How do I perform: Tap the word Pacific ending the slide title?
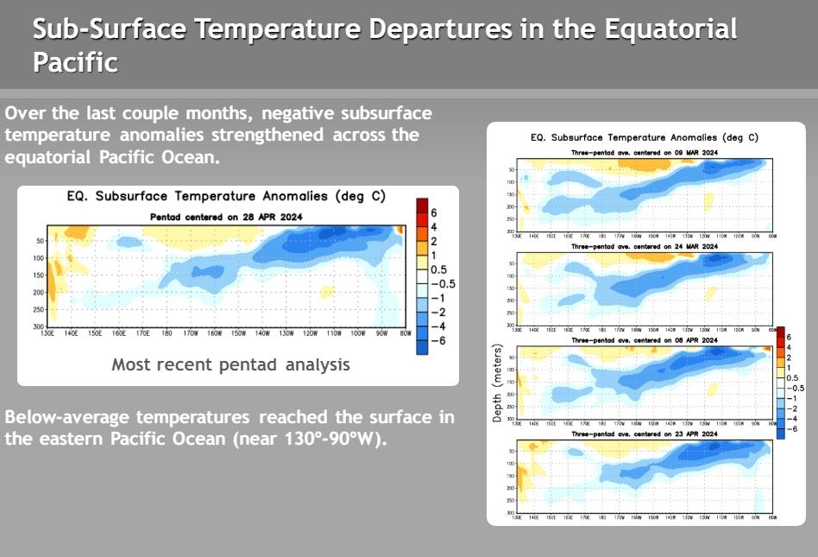click(x=75, y=62)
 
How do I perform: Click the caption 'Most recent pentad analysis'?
click(x=230, y=364)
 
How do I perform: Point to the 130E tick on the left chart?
click(x=48, y=333)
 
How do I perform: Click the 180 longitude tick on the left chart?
click(x=167, y=333)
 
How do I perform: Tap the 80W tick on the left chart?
click(x=404, y=333)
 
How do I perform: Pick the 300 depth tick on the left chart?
click(x=39, y=326)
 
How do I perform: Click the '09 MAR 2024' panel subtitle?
click(x=645, y=152)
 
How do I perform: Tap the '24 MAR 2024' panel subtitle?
click(x=645, y=247)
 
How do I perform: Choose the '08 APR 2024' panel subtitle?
click(x=645, y=341)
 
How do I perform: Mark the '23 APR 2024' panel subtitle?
click(x=645, y=434)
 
